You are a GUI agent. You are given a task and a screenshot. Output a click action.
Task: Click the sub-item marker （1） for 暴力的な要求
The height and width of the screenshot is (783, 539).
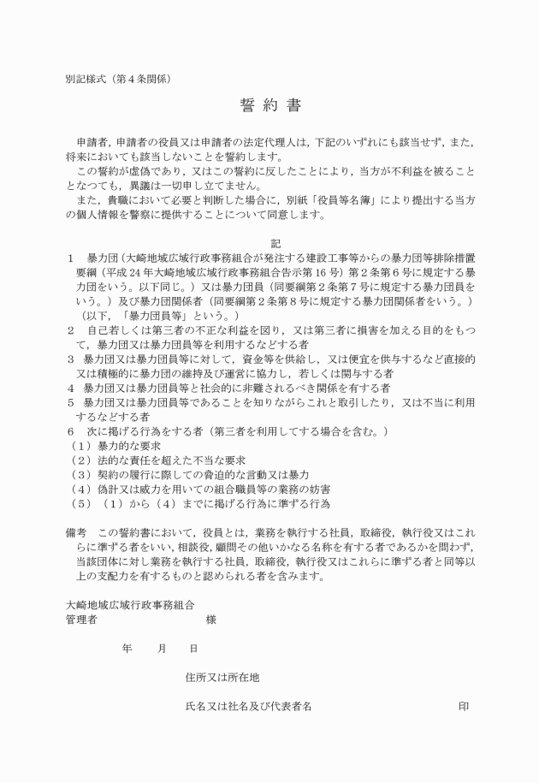[80, 447]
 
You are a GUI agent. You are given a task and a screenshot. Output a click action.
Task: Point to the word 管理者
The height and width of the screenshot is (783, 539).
[81, 619]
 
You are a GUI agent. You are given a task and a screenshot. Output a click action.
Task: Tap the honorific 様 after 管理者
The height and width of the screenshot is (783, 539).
[210, 619]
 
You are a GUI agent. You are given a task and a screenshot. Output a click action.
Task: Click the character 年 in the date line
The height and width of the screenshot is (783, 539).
[127, 649]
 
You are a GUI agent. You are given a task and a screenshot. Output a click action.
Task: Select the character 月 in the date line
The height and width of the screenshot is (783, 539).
[162, 649]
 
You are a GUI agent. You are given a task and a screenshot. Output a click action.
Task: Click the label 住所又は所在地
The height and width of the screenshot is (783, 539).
[222, 678]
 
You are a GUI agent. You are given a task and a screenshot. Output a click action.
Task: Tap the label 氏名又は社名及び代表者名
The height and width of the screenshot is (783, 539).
[248, 707]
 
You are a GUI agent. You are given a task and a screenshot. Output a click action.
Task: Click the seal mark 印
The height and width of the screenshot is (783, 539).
[464, 707]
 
